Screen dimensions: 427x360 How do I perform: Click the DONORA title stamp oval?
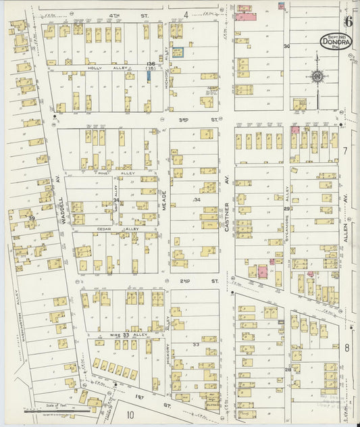[335, 43]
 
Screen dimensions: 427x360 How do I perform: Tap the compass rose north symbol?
[317, 76]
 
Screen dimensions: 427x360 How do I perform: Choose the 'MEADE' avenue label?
[163, 201]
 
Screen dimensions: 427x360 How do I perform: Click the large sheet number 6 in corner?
[348, 9]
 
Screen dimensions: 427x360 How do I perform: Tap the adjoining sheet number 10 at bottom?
[129, 415]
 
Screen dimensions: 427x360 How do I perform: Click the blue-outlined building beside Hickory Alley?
[177, 52]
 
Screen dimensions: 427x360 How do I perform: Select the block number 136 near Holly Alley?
[150, 64]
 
